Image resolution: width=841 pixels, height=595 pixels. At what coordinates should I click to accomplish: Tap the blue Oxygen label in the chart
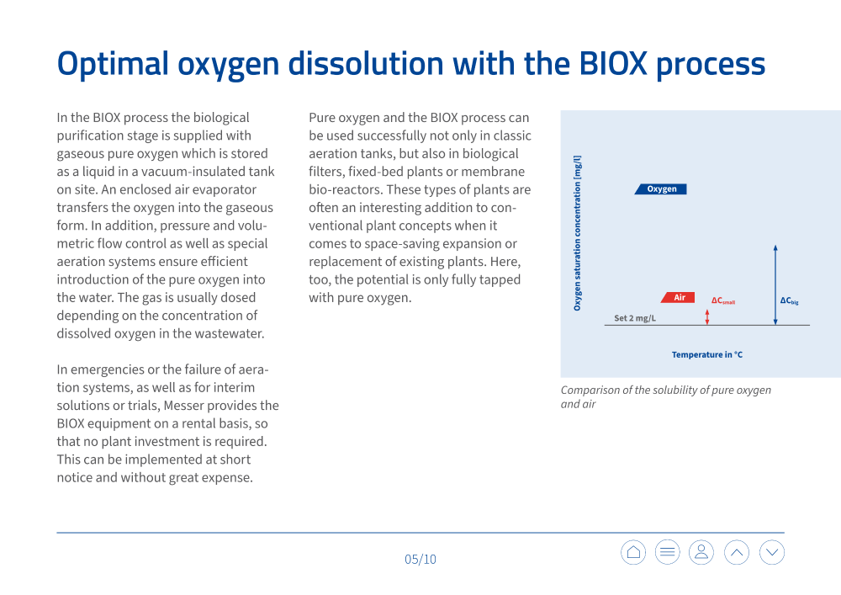tap(661, 189)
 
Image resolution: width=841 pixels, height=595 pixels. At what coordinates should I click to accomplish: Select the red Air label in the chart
tap(679, 298)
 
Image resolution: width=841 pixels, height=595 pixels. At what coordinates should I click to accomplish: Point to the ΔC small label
tap(722, 300)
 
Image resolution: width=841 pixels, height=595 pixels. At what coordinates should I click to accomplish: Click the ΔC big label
tap(789, 300)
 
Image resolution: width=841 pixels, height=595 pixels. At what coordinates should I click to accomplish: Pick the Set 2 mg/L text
tap(635, 318)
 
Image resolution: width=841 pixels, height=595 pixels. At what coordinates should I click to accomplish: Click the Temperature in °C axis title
tap(706, 354)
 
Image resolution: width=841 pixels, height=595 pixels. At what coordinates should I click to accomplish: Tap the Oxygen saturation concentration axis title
tap(577, 233)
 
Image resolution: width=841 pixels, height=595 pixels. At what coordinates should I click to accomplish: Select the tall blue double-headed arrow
tap(775, 284)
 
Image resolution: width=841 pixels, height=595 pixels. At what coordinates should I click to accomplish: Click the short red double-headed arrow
tap(707, 316)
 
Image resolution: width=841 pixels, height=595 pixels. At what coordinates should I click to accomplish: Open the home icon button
tap(633, 552)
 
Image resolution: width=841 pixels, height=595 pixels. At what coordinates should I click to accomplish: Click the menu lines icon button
tap(667, 552)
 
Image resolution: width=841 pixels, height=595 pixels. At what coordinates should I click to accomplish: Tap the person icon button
tap(701, 552)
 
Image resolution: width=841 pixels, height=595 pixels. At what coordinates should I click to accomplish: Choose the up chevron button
tap(737, 552)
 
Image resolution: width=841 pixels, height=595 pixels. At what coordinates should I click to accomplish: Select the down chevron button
tap(772, 552)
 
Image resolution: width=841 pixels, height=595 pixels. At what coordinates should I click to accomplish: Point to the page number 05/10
tap(420, 559)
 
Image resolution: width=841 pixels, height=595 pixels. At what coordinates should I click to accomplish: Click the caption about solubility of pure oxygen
tap(665, 396)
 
